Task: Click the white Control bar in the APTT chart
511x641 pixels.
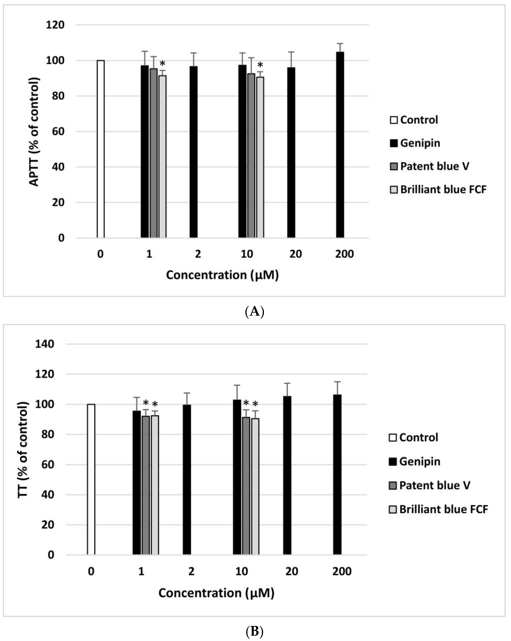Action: click(x=101, y=149)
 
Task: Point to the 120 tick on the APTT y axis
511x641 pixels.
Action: click(x=55, y=25)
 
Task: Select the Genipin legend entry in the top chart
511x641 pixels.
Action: click(x=415, y=143)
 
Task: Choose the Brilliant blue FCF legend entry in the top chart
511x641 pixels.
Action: click(x=438, y=189)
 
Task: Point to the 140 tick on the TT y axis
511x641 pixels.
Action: click(x=45, y=344)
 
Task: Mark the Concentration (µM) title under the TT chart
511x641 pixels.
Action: click(x=216, y=593)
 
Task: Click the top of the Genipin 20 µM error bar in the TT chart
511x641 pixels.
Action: click(x=287, y=383)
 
